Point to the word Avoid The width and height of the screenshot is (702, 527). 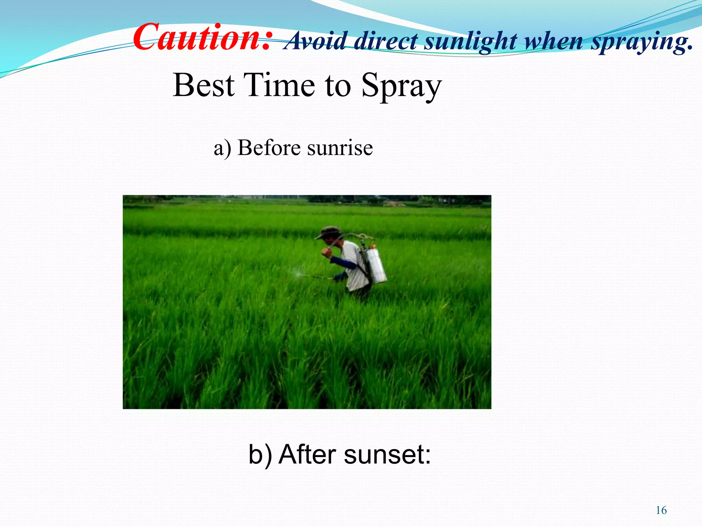click(315, 41)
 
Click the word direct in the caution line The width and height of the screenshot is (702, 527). click(386, 41)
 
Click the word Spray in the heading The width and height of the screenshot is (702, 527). click(401, 86)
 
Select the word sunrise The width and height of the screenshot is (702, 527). click(340, 148)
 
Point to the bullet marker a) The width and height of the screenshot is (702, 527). click(222, 149)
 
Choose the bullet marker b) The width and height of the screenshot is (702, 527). click(260, 454)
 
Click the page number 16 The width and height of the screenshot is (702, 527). click(661, 510)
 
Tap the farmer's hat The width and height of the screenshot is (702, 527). click(328, 232)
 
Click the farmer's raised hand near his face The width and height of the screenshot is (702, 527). click(326, 253)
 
